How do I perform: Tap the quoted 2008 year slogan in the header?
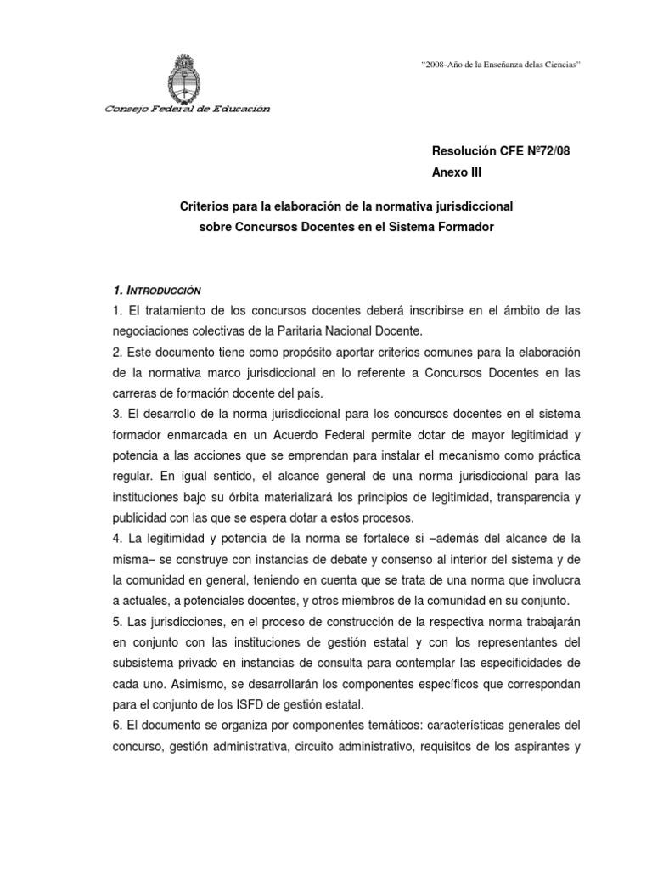click(501, 65)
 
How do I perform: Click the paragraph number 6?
click(116, 724)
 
